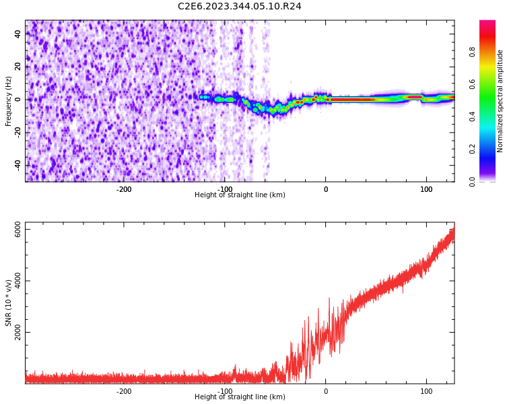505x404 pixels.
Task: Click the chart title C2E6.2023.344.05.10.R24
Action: click(x=239, y=7)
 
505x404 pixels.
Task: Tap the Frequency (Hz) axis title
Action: click(x=9, y=101)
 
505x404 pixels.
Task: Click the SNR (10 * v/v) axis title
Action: click(x=9, y=303)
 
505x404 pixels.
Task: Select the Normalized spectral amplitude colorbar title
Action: click(x=500, y=101)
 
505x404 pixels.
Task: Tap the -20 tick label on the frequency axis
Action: click(x=18, y=133)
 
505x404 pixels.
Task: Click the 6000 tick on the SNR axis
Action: click(x=18, y=230)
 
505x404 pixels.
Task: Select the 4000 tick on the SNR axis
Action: click(x=18, y=281)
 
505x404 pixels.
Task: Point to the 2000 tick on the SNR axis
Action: click(x=18, y=333)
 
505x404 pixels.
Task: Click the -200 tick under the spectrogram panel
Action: click(x=124, y=189)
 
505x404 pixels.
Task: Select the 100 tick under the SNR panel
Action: click(x=426, y=391)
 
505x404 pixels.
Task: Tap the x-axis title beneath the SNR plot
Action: click(x=240, y=397)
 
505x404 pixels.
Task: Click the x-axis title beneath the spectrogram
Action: click(x=240, y=195)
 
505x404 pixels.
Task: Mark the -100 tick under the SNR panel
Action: click(x=225, y=391)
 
